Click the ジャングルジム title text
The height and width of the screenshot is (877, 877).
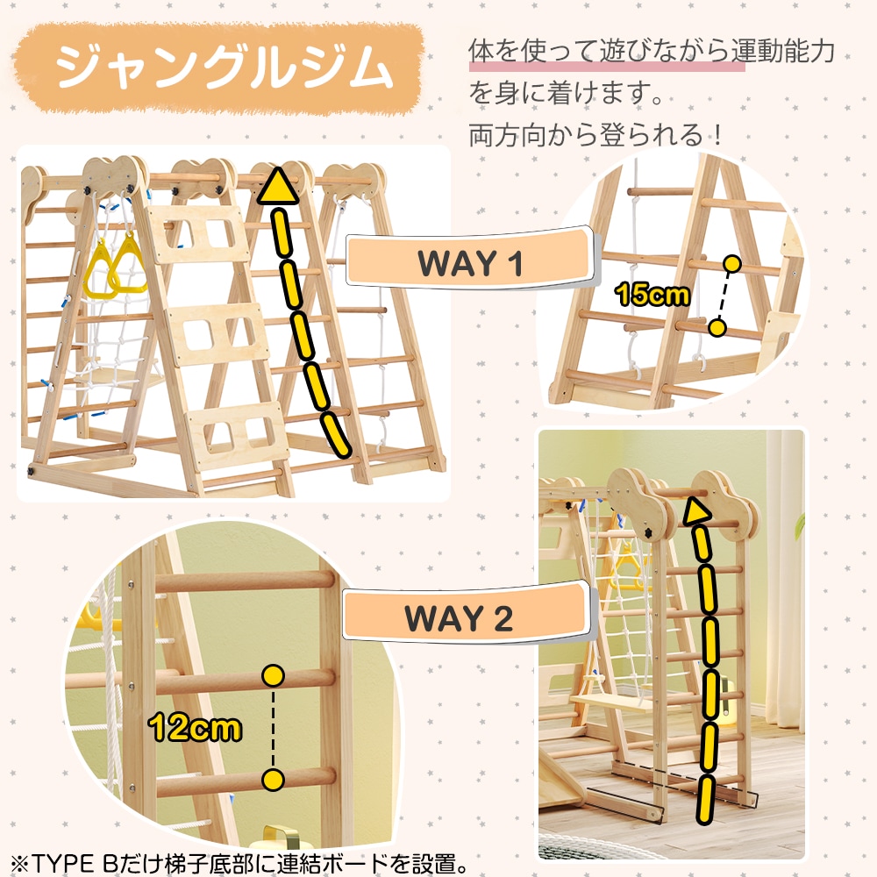224,68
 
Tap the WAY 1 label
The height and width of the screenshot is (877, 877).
470,262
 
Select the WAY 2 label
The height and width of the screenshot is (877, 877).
458,618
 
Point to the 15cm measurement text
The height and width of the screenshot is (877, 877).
652,294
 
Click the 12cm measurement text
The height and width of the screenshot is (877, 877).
195,728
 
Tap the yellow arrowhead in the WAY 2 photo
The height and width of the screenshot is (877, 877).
695,511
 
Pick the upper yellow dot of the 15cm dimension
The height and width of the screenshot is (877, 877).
731,263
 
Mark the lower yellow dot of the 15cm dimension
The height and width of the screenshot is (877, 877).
717,328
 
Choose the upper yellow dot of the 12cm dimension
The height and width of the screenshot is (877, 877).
273,676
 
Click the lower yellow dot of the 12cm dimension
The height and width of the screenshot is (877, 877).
273,780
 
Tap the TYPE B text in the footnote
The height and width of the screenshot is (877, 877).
76,864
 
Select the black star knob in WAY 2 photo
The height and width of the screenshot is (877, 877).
648,532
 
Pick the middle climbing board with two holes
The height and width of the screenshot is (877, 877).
219,334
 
